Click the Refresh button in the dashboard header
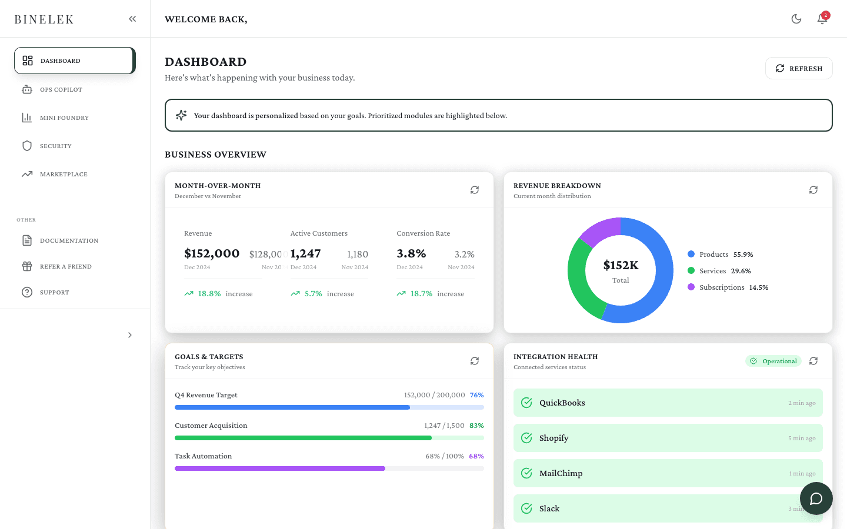798,68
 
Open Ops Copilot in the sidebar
61,90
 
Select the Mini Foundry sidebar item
64,118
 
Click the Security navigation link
55,146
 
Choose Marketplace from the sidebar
63,175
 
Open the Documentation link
68,241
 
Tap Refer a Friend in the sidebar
65,267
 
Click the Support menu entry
54,293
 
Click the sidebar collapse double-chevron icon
132,19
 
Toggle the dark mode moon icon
796,19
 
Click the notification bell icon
822,19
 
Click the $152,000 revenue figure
212,253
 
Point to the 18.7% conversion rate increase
421,294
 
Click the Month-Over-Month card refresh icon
475,190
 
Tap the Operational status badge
773,361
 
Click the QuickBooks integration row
668,403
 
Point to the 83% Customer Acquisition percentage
476,426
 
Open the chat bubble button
816,498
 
